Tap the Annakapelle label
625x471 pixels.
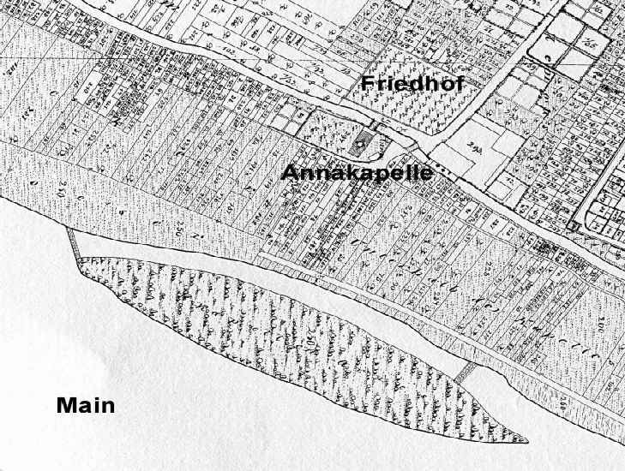coord(357,172)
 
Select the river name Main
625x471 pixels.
coord(86,405)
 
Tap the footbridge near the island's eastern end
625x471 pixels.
coord(467,372)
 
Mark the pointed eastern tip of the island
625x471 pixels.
coord(525,442)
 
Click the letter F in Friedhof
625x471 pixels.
coord(367,84)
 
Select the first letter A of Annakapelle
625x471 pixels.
coord(290,173)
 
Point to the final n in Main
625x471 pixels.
coord(108,406)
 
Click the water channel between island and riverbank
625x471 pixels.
coord(283,283)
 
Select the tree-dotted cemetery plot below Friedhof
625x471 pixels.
coord(403,111)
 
